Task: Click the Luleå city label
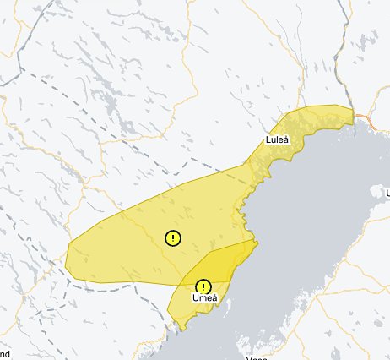[278, 139]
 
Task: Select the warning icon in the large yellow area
[172, 237]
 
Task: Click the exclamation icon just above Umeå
[203, 286]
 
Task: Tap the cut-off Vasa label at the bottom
[257, 357]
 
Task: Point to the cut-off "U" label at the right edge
[387, 194]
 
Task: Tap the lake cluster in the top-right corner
[371, 34]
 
